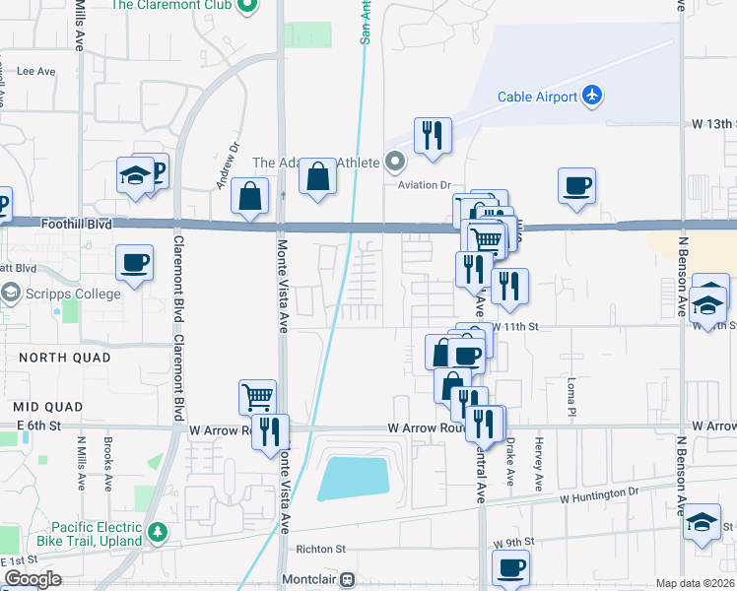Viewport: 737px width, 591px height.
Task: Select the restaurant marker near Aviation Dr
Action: [431, 135]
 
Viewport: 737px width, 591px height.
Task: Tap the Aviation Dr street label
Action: [424, 184]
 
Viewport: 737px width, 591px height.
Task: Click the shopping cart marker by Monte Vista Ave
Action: [256, 398]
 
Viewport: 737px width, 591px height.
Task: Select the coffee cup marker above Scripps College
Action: [134, 262]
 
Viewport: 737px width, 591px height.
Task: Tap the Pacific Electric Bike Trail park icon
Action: [158, 533]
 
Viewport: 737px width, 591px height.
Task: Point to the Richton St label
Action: [321, 549]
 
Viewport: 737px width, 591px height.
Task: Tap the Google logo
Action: [33, 580]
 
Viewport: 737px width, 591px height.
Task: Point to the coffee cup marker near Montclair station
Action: [511, 567]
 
